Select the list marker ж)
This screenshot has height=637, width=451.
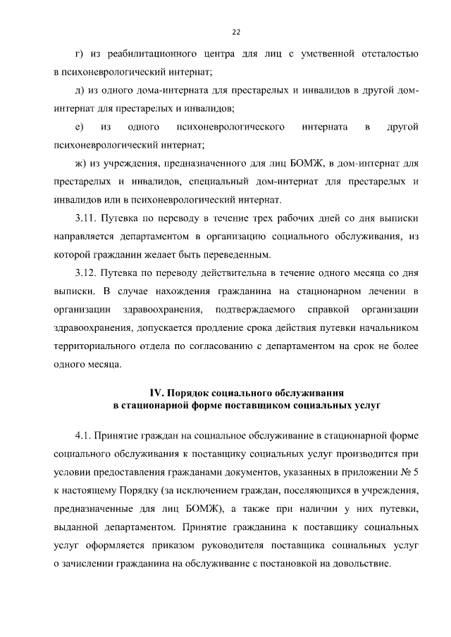tap(80, 164)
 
